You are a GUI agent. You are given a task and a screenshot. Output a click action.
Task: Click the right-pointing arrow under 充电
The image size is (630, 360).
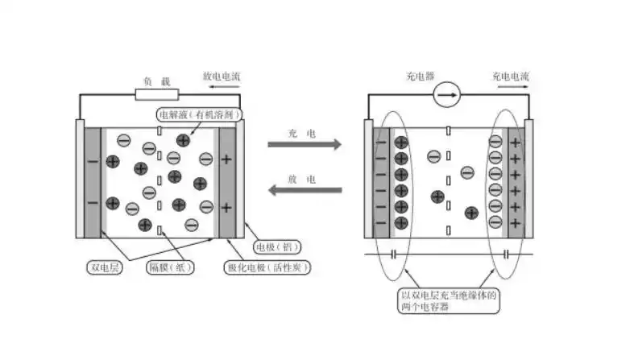(304, 145)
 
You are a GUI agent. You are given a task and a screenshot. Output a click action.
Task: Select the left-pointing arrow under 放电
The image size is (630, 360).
(304, 190)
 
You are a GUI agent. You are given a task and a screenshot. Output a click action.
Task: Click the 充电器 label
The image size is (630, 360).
(421, 77)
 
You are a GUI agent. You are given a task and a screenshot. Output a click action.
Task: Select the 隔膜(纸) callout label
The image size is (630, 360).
(169, 266)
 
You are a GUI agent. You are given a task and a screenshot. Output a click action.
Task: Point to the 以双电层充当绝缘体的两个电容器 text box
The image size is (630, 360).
(449, 301)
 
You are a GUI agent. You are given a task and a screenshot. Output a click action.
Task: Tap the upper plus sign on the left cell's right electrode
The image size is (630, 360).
(226, 160)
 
